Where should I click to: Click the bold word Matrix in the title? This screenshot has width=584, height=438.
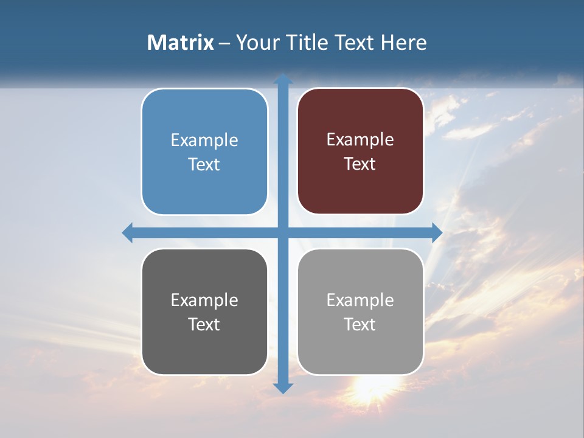tap(181, 43)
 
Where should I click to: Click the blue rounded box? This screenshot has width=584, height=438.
tap(204, 151)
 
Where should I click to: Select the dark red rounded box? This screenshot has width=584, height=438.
tap(360, 151)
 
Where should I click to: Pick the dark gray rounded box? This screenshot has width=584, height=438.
tap(204, 311)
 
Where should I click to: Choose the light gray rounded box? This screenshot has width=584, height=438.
tap(360, 311)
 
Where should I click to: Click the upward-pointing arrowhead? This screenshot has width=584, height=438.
tap(283, 79)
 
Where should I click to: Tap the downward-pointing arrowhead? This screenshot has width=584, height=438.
tap(283, 388)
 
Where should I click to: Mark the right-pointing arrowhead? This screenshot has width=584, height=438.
tap(437, 233)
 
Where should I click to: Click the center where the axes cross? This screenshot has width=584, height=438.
tap(283, 233)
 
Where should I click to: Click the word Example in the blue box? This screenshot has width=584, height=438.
tap(204, 140)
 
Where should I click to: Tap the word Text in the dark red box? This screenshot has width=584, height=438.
tap(360, 164)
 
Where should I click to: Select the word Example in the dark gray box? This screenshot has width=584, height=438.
tap(204, 300)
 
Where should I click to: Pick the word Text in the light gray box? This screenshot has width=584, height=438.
tap(360, 324)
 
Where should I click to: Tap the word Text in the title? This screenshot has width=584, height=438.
tap(354, 43)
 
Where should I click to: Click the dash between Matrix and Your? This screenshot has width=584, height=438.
tap(224, 43)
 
